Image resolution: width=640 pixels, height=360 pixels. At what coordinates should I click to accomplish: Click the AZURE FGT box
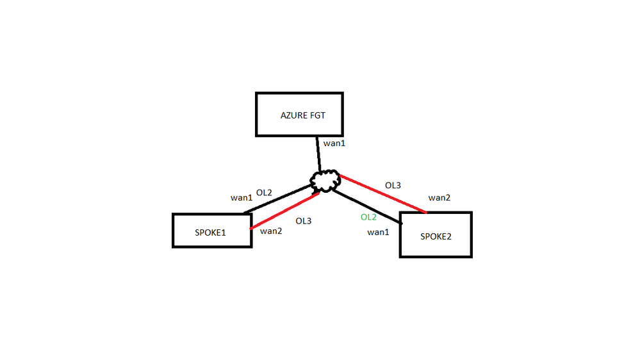coord(299,114)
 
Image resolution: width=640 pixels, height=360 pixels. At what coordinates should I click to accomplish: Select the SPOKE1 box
coord(211,231)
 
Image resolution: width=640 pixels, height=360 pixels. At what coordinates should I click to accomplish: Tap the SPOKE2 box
coord(436,235)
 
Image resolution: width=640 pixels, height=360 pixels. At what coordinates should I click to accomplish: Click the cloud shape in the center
coord(325,181)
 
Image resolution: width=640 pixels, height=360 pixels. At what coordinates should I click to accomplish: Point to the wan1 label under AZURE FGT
coord(334,143)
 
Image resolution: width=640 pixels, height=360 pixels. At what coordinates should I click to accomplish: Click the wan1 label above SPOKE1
coord(242,197)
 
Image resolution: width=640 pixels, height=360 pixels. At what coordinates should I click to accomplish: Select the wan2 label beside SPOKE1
coord(271,231)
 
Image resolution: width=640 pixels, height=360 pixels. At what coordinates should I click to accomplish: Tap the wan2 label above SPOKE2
coord(439,198)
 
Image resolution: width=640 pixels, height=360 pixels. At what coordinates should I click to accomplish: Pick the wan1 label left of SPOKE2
coord(378,232)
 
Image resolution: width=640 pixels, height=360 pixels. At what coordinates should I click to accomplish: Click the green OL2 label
coord(368,217)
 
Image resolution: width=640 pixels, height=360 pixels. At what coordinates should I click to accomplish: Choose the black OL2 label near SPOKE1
coord(265,192)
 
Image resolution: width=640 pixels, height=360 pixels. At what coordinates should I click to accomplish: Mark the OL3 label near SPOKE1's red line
coord(303,221)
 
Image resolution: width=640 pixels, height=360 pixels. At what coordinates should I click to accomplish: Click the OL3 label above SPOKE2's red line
coord(393,185)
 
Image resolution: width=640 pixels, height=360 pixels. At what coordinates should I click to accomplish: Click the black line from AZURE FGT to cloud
coord(318,154)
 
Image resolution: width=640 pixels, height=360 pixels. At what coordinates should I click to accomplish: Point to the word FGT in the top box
coord(316,116)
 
